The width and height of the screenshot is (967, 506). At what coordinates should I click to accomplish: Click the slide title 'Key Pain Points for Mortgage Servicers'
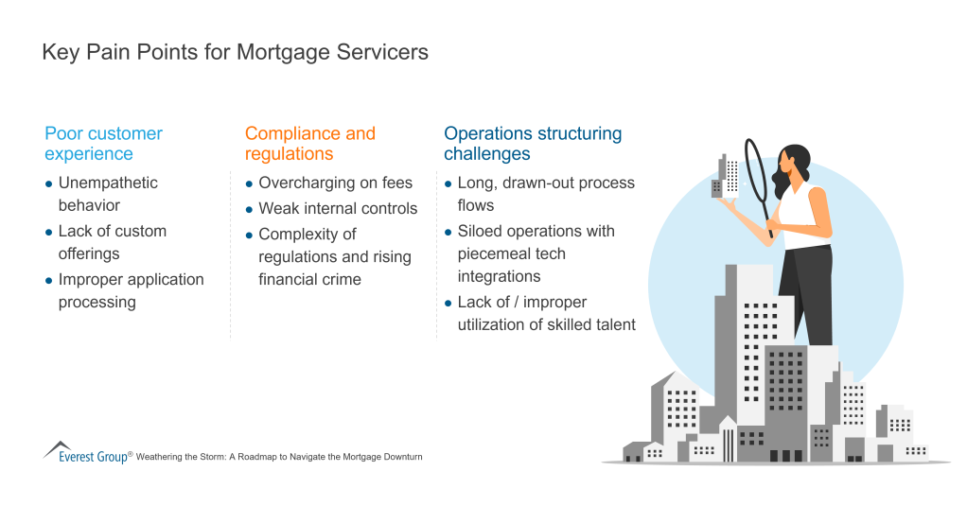tap(235, 53)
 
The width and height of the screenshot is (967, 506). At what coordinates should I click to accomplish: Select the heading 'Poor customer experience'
tap(104, 144)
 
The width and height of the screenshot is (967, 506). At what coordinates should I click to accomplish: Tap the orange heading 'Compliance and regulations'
tap(309, 144)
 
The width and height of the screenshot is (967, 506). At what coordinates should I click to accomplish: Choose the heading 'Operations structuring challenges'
tap(533, 144)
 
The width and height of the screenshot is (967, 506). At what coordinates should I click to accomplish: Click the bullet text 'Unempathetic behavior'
tap(108, 194)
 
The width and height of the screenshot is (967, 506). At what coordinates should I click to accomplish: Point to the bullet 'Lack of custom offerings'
tap(112, 242)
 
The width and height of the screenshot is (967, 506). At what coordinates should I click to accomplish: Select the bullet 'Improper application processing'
tap(131, 290)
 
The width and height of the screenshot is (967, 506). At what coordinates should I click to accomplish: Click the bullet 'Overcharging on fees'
tap(335, 183)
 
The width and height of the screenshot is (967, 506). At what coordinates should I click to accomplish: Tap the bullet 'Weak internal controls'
tap(338, 208)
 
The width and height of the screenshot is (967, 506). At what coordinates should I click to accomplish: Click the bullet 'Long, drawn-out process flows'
tap(545, 194)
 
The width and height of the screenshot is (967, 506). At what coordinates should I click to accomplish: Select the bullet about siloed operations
tap(536, 253)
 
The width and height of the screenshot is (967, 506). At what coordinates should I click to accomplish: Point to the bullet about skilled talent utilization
tap(546, 313)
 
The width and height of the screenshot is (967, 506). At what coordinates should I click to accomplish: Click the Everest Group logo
tap(86, 453)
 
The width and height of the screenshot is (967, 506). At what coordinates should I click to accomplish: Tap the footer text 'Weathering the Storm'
tap(278, 457)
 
